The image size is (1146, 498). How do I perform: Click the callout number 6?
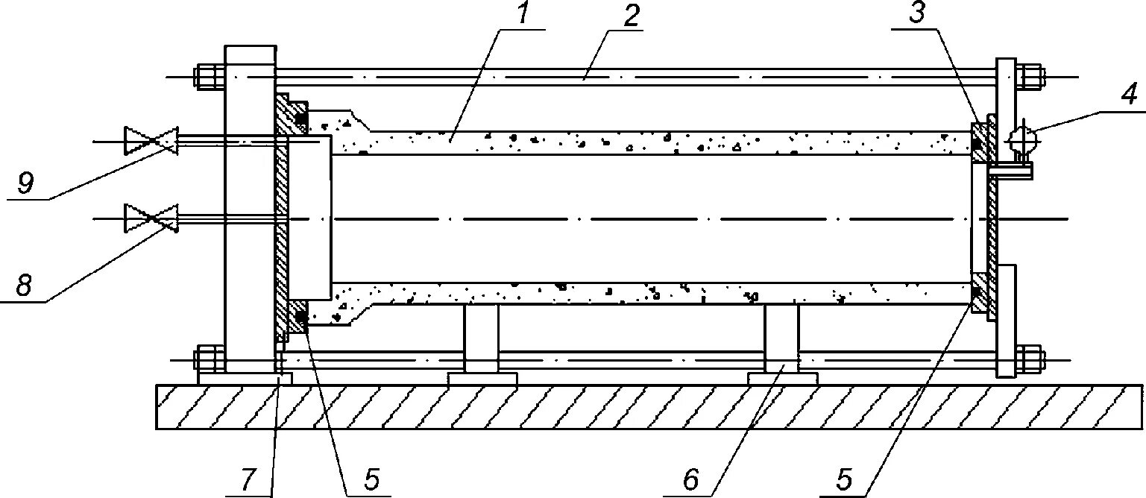click(x=690, y=480)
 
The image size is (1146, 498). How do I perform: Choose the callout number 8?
click(x=25, y=286)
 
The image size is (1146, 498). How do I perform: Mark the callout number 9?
click(x=25, y=184)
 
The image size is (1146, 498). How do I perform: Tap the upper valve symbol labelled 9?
click(x=151, y=140)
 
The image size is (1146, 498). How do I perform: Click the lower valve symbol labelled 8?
click(x=151, y=218)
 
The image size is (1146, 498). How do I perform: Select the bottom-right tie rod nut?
click(x=1030, y=359)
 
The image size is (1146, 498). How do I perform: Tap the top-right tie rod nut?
click(x=1030, y=77)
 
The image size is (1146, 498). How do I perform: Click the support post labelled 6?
click(x=781, y=339)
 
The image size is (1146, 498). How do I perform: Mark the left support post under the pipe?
click(x=481, y=339)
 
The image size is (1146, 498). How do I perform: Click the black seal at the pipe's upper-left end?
click(x=300, y=119)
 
